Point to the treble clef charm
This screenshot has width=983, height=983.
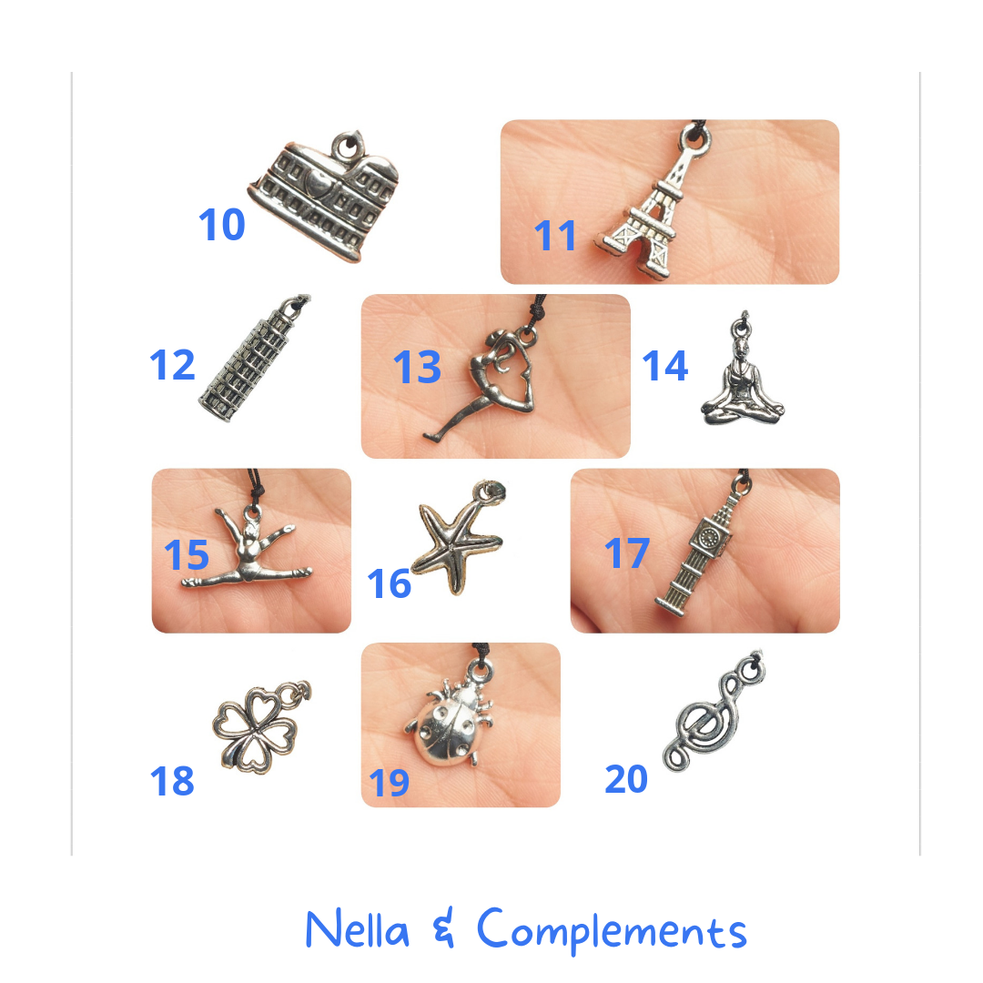tap(712, 714)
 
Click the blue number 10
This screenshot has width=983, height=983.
tap(222, 225)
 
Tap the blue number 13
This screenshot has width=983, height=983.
tap(417, 367)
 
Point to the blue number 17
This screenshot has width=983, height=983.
tap(626, 553)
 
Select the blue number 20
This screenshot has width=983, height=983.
tap(625, 778)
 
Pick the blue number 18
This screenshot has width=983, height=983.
tap(172, 781)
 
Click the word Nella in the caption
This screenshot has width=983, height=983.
tap(358, 929)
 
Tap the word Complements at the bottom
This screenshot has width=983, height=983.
tap(612, 930)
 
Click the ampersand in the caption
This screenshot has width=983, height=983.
tap(443, 929)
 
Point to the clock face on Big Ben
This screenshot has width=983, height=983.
tap(708, 538)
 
